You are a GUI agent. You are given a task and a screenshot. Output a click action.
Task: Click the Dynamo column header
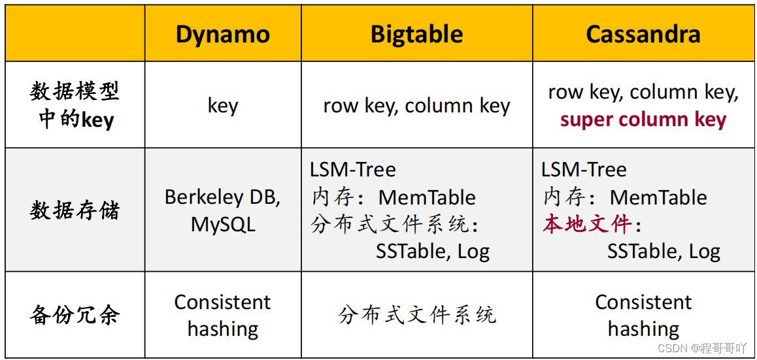[x=222, y=34]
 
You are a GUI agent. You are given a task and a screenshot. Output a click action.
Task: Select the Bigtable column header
[x=416, y=34]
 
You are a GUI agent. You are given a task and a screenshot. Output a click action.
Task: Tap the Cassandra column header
[x=643, y=34]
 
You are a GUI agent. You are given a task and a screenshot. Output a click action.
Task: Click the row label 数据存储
[x=75, y=210]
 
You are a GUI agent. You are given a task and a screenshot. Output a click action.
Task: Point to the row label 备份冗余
[x=75, y=315]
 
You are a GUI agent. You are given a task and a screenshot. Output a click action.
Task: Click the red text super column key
[x=643, y=120]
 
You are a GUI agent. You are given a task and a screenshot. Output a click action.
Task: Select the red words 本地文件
[x=587, y=225]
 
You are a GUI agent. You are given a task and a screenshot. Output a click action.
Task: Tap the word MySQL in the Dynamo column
[x=222, y=224]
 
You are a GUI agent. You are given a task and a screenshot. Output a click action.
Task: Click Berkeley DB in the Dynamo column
[x=222, y=197]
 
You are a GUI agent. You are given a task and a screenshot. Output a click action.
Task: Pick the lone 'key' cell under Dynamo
[x=222, y=106]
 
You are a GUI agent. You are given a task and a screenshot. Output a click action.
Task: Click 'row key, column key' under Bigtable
[x=416, y=106]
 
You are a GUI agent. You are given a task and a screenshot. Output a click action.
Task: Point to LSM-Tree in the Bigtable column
[x=353, y=170]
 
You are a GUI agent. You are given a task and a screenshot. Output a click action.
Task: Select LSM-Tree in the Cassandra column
[x=584, y=170]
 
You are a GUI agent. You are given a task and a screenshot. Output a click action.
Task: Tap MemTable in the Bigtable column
[x=427, y=197]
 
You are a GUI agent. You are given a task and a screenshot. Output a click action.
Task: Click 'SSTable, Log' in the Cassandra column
[x=664, y=252]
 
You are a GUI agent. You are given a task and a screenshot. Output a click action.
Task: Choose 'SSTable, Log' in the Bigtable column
[x=432, y=252]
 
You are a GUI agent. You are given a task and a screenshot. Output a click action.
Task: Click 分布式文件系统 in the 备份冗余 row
[x=416, y=316]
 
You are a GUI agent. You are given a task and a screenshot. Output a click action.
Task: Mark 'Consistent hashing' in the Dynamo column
[x=222, y=315]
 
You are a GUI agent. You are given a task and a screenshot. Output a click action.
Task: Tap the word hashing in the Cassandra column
[x=643, y=329]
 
